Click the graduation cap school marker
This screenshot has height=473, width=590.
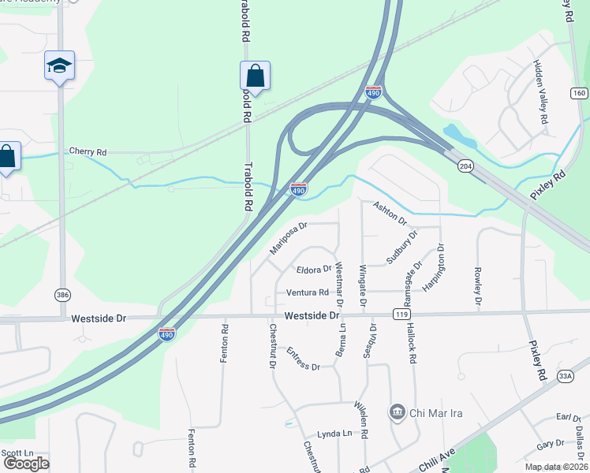(x=59, y=65)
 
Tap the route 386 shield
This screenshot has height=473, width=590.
(x=62, y=294)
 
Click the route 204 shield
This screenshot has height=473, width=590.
(x=465, y=166)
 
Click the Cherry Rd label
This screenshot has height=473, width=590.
(x=88, y=151)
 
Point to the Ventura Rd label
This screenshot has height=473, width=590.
(x=307, y=292)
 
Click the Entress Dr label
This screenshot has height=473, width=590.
(x=303, y=359)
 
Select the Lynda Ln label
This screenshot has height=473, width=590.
(x=334, y=434)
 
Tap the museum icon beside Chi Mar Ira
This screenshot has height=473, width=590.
(x=397, y=412)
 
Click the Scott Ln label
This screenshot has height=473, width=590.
(x=17, y=453)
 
